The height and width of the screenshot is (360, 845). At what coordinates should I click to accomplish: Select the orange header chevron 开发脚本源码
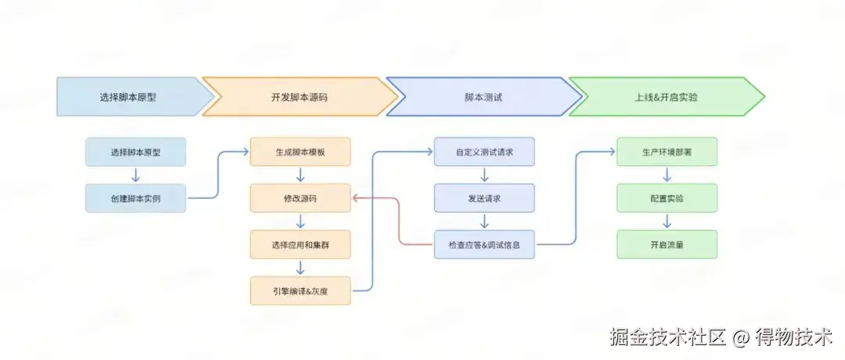300,97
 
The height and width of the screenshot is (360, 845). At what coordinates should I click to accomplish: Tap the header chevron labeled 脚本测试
483,97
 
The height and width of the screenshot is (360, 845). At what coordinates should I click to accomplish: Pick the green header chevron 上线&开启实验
666,97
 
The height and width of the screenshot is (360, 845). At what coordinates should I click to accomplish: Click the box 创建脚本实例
136,198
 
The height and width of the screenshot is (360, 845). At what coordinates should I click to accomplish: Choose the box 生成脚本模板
300,152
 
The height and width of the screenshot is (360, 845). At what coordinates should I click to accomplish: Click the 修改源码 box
300,198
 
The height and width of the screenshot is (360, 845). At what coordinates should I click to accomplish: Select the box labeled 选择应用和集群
300,244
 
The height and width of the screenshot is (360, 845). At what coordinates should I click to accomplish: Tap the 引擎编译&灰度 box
300,290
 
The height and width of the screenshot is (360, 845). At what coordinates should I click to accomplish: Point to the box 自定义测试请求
484,152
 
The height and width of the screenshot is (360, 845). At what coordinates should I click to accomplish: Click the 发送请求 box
484,198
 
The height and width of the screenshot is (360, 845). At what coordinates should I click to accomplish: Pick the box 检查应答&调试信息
484,244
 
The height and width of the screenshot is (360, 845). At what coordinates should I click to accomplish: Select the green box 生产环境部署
667,152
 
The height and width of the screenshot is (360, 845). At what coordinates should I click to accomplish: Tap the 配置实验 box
667,198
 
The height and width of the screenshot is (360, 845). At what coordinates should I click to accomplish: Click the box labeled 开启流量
667,244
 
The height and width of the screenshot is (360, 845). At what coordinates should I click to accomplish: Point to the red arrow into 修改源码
399,219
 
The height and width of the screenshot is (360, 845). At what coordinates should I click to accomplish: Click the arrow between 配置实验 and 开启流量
667,221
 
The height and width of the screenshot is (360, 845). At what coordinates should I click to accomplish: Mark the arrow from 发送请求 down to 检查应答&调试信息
484,221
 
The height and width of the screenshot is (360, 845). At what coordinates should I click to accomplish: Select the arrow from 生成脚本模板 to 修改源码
300,175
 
